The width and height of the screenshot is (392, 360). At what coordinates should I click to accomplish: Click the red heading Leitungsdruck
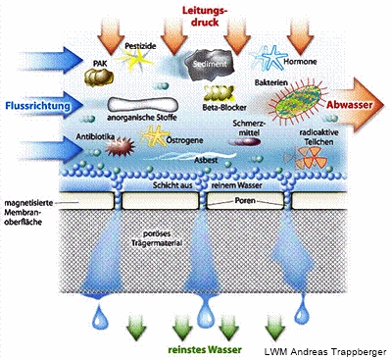pos(205,17)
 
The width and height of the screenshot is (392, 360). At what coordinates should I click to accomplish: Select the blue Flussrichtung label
pos(38,106)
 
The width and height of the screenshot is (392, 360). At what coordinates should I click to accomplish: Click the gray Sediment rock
pos(210,65)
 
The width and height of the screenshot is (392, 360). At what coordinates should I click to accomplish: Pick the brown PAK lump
pos(99,77)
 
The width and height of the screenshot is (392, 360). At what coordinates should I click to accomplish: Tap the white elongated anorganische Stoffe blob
pos(143,104)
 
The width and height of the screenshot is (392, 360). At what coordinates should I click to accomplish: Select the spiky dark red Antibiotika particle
pos(120,148)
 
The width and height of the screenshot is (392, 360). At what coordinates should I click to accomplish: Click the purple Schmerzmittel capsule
pos(244,141)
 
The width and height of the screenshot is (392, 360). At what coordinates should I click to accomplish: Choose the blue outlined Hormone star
pos(269,57)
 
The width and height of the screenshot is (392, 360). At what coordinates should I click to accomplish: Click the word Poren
pos(245,200)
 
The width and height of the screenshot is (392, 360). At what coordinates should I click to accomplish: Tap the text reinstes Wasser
pos(205,349)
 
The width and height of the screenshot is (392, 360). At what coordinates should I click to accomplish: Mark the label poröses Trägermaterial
pos(157,238)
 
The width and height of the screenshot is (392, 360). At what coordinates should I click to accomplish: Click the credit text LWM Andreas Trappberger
pos(325,352)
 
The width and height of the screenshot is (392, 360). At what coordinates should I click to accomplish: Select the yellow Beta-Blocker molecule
pos(219,92)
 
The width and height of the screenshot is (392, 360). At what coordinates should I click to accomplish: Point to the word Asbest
pos(206,161)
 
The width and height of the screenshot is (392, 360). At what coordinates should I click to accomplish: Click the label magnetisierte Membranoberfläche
pos(28,212)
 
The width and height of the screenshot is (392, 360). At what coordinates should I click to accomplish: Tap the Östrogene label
pos(185,140)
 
